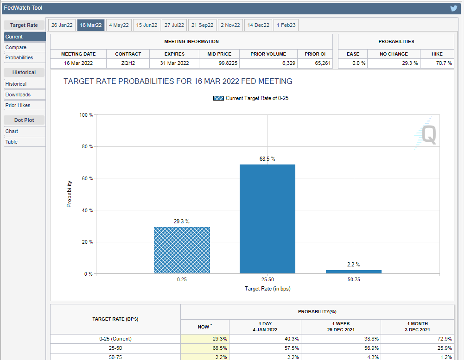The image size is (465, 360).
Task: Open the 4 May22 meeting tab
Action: click(x=119, y=25)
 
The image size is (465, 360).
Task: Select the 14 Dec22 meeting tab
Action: click(x=258, y=25)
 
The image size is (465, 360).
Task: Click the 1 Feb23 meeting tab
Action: click(x=286, y=25)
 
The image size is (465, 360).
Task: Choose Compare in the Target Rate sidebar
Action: click(x=16, y=47)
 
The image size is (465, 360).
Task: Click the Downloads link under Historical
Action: click(x=18, y=95)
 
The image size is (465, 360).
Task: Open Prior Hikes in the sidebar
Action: click(x=18, y=105)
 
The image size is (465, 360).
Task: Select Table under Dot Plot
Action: click(x=12, y=142)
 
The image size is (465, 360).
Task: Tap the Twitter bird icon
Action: click(x=454, y=8)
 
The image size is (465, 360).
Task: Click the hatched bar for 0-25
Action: click(x=182, y=250)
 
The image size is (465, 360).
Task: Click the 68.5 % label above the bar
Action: click(x=267, y=159)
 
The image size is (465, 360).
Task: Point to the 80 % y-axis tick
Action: click(x=88, y=146)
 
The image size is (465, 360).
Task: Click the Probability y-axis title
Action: click(x=70, y=194)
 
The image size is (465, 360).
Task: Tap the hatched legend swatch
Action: click(x=218, y=98)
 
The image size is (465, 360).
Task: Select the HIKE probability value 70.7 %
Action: click(x=444, y=63)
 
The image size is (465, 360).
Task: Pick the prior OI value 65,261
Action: click(x=323, y=63)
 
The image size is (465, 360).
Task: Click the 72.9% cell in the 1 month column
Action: click(x=443, y=339)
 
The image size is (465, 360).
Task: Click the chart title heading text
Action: click(x=178, y=82)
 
